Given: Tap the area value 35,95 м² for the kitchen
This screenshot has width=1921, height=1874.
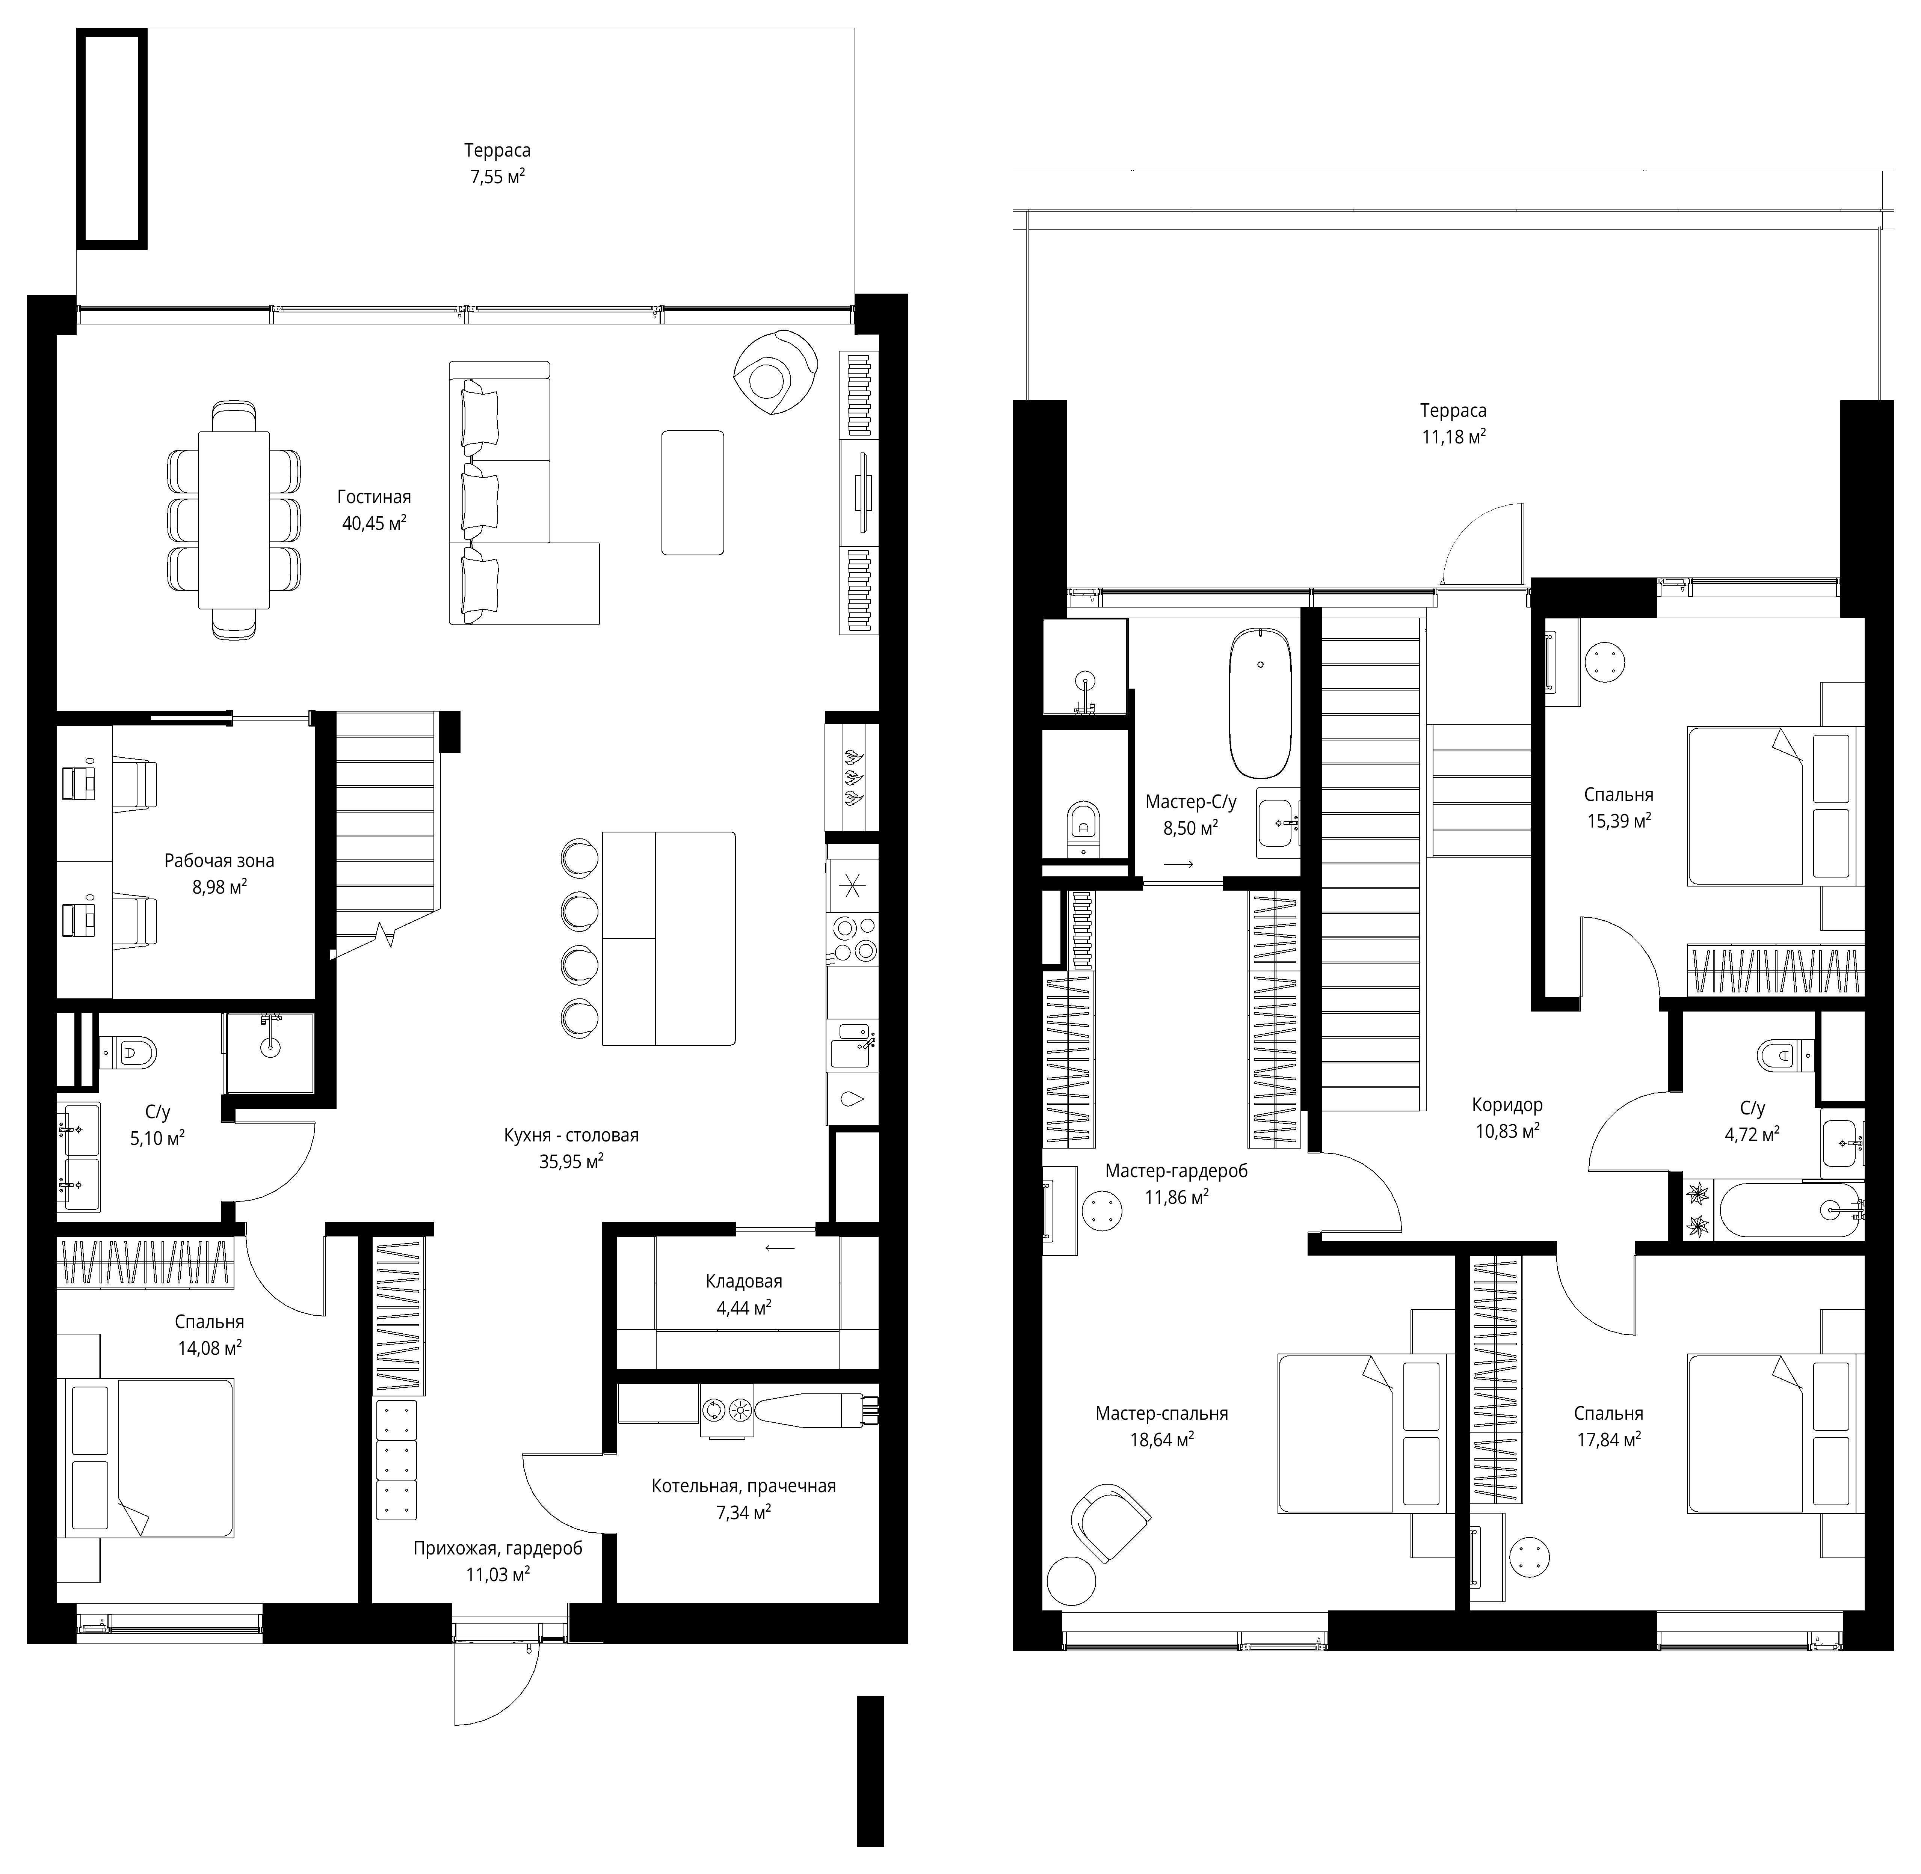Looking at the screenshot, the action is pos(571,1161).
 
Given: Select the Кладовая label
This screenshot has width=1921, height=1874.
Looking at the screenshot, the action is pos(743,1281).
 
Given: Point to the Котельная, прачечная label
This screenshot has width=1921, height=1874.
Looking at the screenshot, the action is pos(743,1486).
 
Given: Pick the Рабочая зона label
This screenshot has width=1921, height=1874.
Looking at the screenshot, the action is pos(220,861).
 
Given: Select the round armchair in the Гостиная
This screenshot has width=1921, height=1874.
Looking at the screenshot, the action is pos(776,374).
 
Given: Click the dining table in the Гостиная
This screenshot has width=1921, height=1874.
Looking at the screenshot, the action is pos(233,520).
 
